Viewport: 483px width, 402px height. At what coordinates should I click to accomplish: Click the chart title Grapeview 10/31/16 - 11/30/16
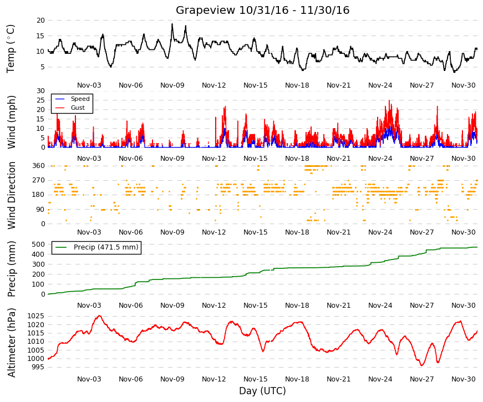[x=262, y=10]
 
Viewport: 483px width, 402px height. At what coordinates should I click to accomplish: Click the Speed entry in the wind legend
[x=80, y=99]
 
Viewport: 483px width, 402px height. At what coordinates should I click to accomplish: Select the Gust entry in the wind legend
[x=78, y=108]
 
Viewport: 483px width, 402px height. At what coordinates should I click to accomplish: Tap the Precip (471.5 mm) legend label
[x=106, y=247]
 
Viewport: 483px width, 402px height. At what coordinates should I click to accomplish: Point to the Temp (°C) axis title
[x=11, y=49]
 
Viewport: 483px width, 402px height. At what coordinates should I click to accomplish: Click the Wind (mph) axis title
[x=11, y=122]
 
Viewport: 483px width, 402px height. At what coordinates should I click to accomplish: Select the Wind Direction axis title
[x=11, y=195]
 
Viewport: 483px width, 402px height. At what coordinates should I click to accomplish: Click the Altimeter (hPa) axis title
[x=11, y=343]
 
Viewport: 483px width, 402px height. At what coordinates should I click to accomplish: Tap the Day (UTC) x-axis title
[x=262, y=391]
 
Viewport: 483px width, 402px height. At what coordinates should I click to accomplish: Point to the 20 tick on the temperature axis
[x=40, y=21]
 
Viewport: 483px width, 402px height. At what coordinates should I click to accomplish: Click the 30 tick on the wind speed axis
[x=40, y=91]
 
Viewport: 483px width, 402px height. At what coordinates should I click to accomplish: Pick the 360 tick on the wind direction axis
[x=38, y=166]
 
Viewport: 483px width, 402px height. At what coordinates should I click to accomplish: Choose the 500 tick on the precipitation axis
[x=38, y=245]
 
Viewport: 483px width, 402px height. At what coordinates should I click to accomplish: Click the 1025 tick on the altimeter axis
[x=35, y=316]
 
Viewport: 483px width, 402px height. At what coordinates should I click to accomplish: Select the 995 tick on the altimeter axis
[x=38, y=367]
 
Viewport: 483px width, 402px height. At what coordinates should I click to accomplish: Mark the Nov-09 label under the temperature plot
[x=172, y=85]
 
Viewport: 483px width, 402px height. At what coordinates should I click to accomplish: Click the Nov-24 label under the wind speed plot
[x=380, y=159]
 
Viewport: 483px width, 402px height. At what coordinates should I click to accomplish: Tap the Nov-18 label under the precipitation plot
[x=297, y=306]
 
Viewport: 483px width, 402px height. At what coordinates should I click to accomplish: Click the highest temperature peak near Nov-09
[x=172, y=24]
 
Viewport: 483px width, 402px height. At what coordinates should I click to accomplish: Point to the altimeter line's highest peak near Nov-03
[x=99, y=316]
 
